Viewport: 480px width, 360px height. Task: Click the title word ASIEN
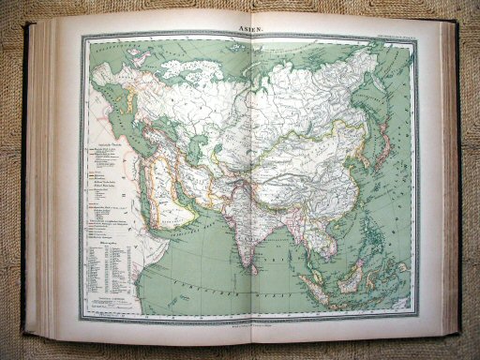tap(249, 29)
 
